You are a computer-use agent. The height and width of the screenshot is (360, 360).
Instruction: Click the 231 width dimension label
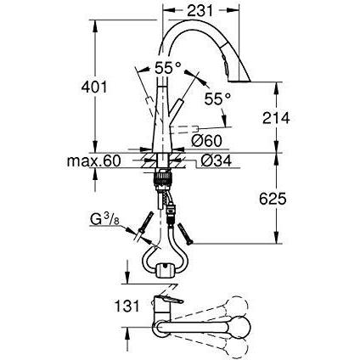coord(200,11)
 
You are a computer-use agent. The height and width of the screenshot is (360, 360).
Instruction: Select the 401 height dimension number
coord(94,87)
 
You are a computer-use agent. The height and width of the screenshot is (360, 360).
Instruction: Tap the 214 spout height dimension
coord(276,118)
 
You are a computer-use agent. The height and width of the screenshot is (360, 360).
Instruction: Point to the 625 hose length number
coord(273,199)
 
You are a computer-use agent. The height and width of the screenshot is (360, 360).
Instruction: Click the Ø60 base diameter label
coord(206,141)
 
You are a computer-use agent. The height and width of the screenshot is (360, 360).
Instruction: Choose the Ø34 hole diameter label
coord(216,160)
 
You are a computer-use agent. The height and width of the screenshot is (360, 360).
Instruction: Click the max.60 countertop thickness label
coord(94,161)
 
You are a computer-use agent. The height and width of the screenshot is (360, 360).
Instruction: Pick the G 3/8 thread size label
coord(104,219)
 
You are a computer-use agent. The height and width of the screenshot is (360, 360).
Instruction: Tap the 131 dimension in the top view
coord(127,306)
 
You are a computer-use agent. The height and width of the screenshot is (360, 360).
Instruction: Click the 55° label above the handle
coord(167,68)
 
